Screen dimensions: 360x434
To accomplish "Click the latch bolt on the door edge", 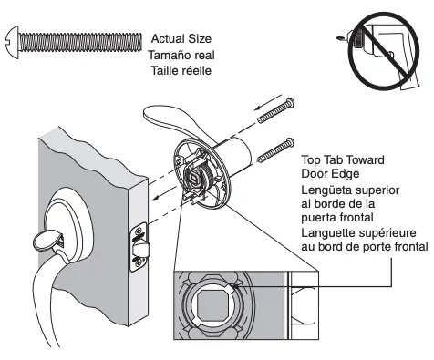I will click(x=139, y=245).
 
